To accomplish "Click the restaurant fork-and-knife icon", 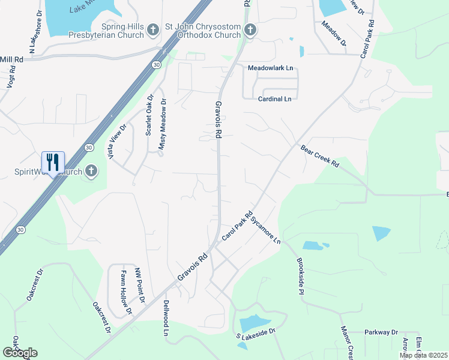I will [53, 162].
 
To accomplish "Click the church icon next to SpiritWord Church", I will [91, 172].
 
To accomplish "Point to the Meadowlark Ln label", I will [270, 68].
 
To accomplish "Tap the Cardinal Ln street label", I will [274, 98].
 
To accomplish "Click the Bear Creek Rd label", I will [320, 155].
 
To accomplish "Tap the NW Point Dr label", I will [140, 287].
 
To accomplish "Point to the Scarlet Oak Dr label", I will [149, 114].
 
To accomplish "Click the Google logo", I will [20, 353].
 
